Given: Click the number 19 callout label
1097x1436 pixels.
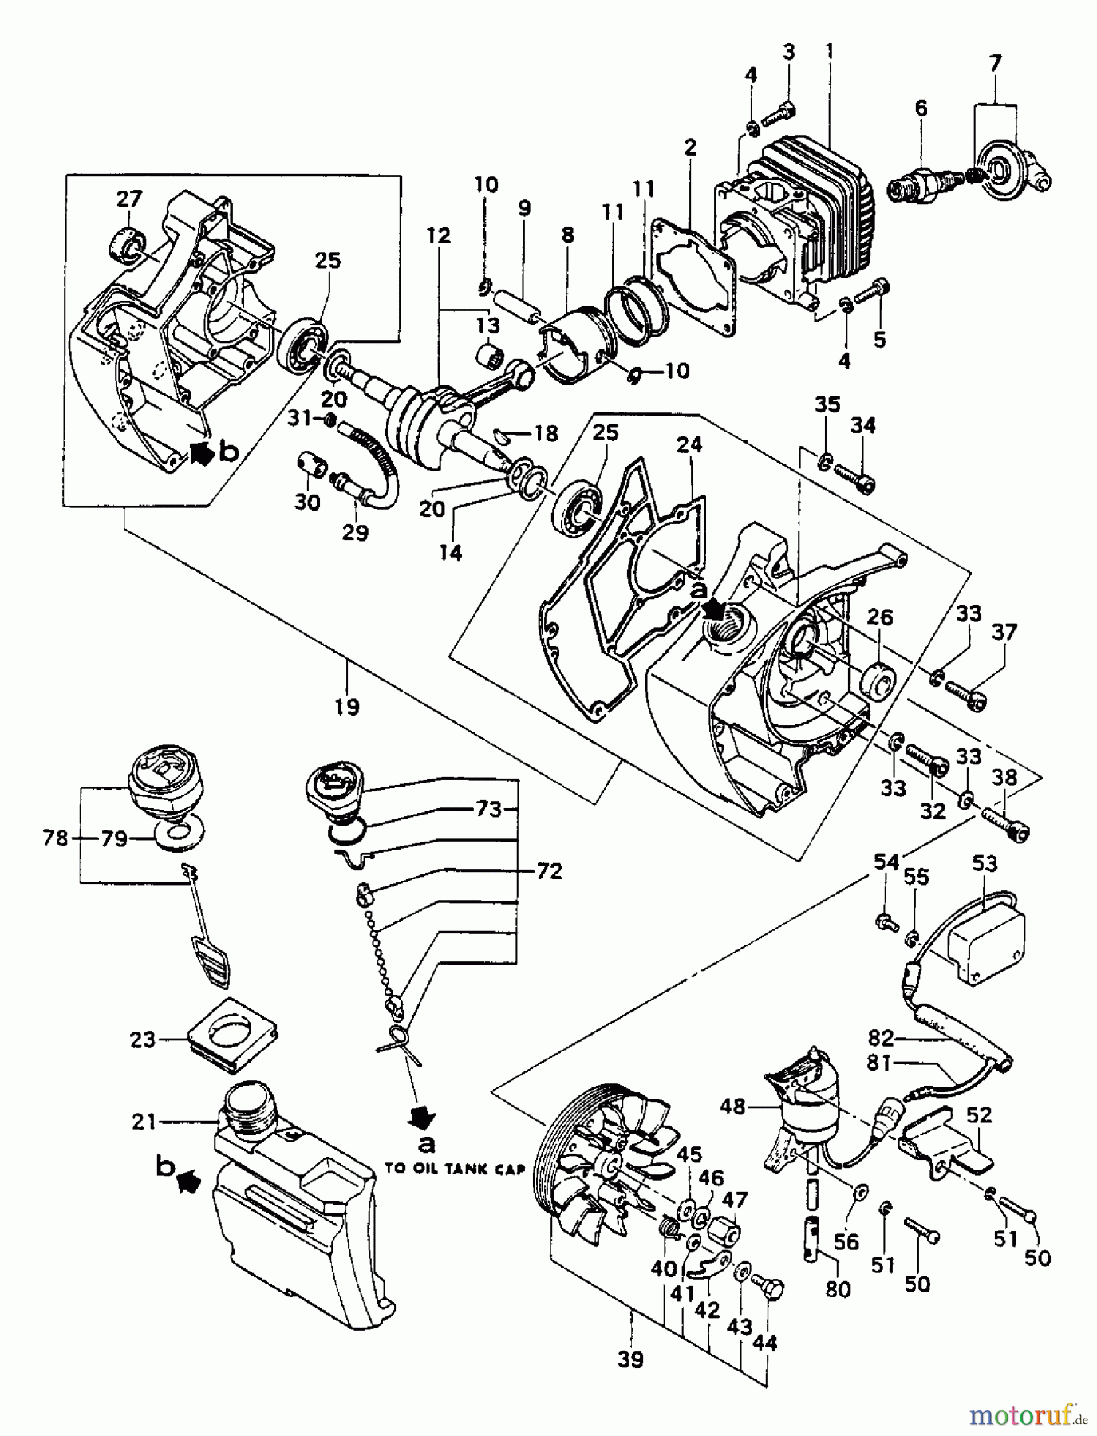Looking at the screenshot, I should pos(348,706).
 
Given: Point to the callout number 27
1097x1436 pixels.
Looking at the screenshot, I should pos(129,199).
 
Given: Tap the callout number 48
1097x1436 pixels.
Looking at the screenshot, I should pos(732,1107).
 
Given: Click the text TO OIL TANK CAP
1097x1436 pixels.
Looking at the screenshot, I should pos(454,1170).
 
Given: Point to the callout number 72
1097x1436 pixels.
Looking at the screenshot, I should pos(550,871).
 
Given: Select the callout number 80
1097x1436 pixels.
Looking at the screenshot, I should pos(838,1289).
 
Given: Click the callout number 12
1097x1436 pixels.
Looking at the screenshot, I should pos(439,236).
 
